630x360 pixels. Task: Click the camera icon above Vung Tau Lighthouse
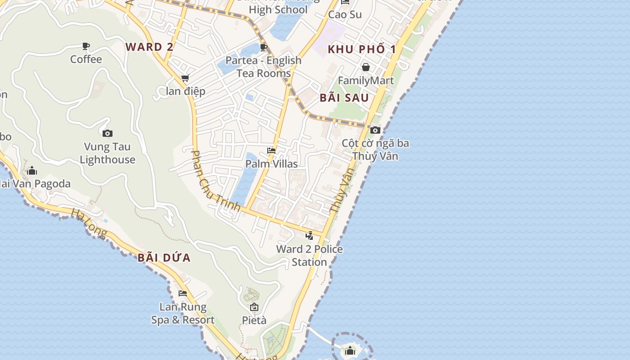coord(108,133)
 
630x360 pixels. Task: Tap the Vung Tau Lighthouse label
coord(108,153)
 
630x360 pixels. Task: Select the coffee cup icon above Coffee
coord(86,46)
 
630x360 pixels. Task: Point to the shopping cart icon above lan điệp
coord(185,78)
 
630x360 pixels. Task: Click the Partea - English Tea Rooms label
coord(264,67)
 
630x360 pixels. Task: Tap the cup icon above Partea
coord(264,47)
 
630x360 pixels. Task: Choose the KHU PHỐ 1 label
coord(362,49)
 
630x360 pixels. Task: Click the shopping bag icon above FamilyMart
coord(366,67)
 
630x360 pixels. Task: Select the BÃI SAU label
coord(344,98)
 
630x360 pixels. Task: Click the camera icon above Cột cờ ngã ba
coord(375,130)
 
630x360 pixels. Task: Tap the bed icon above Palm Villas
coord(271,151)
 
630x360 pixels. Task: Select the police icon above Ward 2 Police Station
coord(310,235)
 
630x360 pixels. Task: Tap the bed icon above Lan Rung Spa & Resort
coord(183,293)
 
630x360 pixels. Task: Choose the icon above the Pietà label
coord(254,307)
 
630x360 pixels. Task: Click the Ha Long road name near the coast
coord(89,222)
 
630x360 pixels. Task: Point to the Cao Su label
coord(345,14)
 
